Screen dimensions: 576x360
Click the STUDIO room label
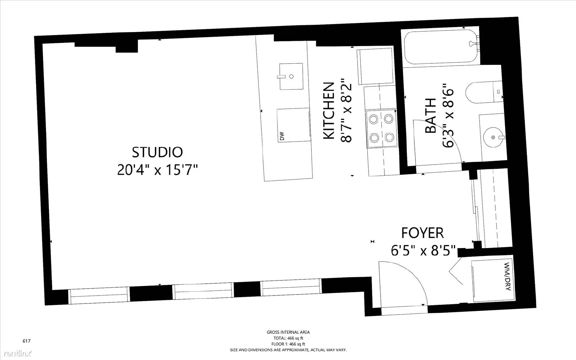157,152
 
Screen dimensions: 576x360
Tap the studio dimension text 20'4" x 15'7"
157,170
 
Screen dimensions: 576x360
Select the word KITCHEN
329,111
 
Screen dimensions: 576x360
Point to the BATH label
431,116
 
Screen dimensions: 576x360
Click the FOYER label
423,233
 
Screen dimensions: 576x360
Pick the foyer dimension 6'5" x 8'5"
423,250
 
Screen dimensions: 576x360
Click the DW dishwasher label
282,136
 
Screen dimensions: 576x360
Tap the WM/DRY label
507,277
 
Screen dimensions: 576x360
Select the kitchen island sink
291,76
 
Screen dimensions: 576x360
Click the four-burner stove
381,129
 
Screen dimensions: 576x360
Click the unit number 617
27,341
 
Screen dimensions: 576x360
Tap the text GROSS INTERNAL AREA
288,332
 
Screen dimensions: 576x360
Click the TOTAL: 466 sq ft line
288,338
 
